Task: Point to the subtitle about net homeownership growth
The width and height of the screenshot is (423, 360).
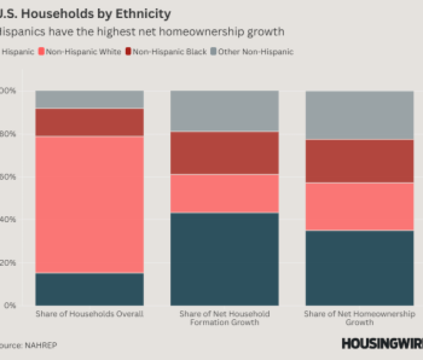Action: coord(141,32)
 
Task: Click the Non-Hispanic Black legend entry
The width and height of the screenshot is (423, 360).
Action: coord(165,52)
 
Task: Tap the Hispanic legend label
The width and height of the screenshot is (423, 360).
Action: coord(18,52)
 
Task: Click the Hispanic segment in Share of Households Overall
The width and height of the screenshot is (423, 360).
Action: coord(90,289)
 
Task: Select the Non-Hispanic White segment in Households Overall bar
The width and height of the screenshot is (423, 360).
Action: coord(90,204)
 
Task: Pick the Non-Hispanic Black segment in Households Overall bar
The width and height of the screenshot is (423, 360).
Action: coord(90,122)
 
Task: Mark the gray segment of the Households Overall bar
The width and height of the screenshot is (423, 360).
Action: coord(90,99)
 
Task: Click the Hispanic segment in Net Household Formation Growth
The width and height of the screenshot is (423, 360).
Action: coord(224,259)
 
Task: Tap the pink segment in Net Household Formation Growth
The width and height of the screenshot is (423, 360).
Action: coord(224,193)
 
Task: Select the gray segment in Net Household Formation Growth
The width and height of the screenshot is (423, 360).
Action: coord(224,111)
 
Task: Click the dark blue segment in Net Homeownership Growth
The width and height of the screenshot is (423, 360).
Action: coord(359,268)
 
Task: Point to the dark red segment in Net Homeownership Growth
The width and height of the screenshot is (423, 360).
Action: coord(359,161)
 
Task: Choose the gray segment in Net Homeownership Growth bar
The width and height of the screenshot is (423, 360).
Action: coord(359,115)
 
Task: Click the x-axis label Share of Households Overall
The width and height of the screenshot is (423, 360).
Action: coord(90,314)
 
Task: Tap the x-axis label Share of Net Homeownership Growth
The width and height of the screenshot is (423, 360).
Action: coord(359,318)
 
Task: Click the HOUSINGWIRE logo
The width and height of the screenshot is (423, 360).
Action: coord(381,344)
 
